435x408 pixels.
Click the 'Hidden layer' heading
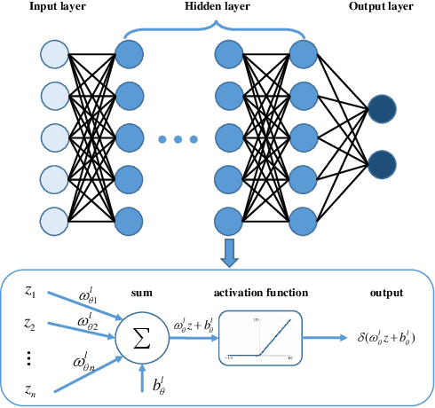pyautogui.click(x=216, y=7)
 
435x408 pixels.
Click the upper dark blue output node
pyautogui.click(x=384, y=108)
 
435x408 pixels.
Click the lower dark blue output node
pyautogui.click(x=384, y=165)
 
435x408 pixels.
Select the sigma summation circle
pyautogui.click(x=141, y=337)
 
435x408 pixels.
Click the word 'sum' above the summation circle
pyautogui.click(x=142, y=294)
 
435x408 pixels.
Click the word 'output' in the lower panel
pyautogui.click(x=384, y=294)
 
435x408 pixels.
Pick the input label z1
pyautogui.click(x=30, y=291)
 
